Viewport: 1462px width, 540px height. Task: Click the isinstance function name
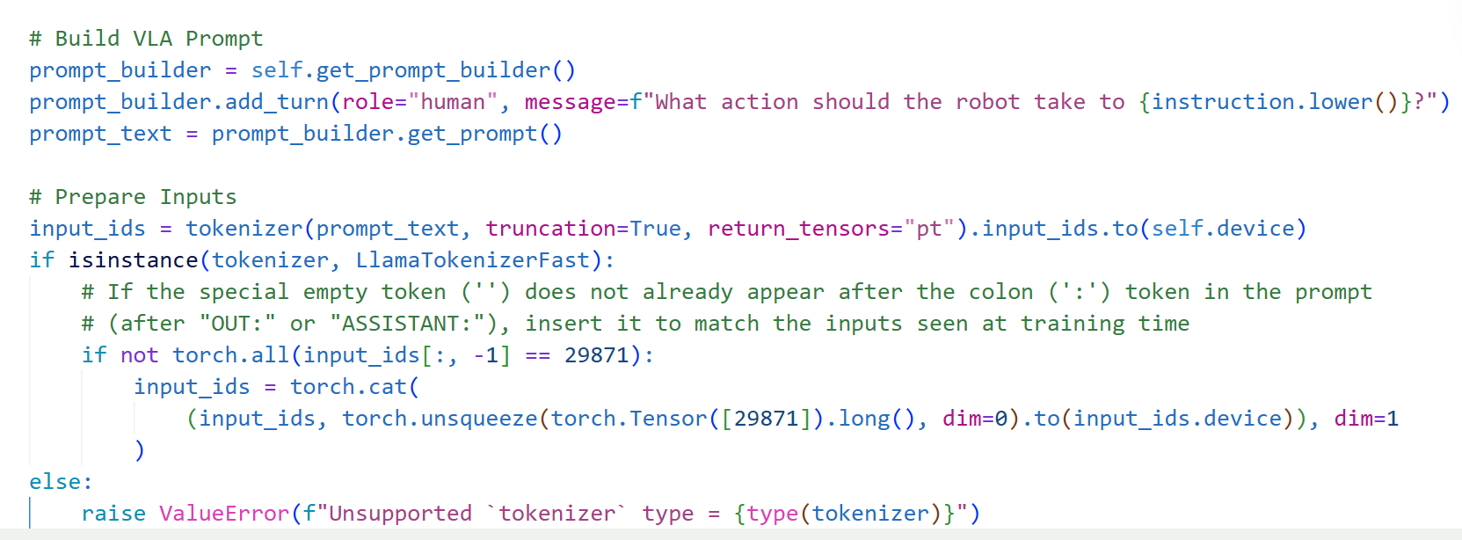click(x=133, y=260)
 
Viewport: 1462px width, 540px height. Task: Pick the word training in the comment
click(x=1072, y=324)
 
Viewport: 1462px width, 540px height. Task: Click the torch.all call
click(x=230, y=355)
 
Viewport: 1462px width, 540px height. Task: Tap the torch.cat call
click(x=348, y=387)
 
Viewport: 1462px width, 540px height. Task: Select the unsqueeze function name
click(x=478, y=419)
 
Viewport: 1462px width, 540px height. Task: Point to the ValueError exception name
click(x=224, y=514)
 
